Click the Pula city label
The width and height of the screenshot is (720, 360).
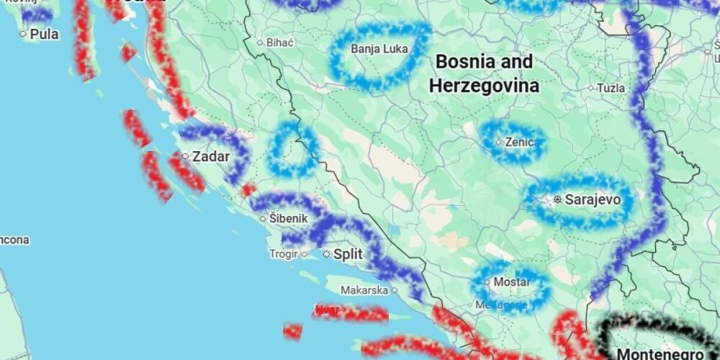(x=44, y=34)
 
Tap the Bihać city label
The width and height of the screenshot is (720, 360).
(x=280, y=42)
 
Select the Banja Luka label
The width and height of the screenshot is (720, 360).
(x=379, y=50)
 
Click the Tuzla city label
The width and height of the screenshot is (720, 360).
(x=611, y=88)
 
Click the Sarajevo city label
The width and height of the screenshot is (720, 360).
(x=592, y=199)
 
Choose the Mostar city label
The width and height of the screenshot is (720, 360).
(x=511, y=282)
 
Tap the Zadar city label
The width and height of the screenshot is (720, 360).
(x=211, y=156)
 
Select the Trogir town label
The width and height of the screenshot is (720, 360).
(x=283, y=253)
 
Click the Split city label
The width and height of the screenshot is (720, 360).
(x=348, y=254)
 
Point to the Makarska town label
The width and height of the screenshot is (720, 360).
(x=364, y=290)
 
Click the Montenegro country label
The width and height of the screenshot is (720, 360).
(x=660, y=354)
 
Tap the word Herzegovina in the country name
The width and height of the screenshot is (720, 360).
(x=484, y=86)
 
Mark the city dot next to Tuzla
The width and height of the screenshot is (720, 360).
(x=590, y=89)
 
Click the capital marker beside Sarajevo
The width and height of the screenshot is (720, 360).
(x=557, y=199)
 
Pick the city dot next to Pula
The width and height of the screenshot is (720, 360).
(x=23, y=34)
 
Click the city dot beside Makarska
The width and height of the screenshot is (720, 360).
(x=395, y=290)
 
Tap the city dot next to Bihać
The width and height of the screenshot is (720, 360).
(x=260, y=42)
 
